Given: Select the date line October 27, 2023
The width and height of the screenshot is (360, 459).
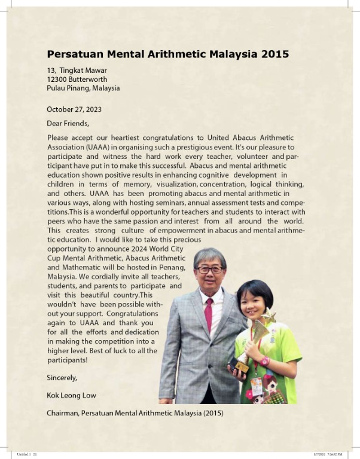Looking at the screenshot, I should pyautogui.click(x=74, y=109).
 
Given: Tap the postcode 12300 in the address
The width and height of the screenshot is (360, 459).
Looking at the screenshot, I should pyautogui.click(x=58, y=79).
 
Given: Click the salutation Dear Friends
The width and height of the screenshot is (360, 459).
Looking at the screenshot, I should pyautogui.click(x=68, y=124).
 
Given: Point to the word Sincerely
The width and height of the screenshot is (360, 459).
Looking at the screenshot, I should pyautogui.click(x=62, y=378).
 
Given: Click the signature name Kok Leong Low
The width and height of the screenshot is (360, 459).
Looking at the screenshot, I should pyautogui.click(x=71, y=395).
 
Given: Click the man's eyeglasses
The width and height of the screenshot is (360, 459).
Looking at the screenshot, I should pyautogui.click(x=210, y=270).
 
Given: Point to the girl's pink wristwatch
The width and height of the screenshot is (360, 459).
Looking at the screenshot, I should pyautogui.click(x=264, y=361).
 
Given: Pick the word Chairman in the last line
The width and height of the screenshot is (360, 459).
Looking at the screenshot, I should pyautogui.click(x=62, y=412).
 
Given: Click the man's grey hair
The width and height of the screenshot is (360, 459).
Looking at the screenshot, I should pyautogui.click(x=210, y=256).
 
